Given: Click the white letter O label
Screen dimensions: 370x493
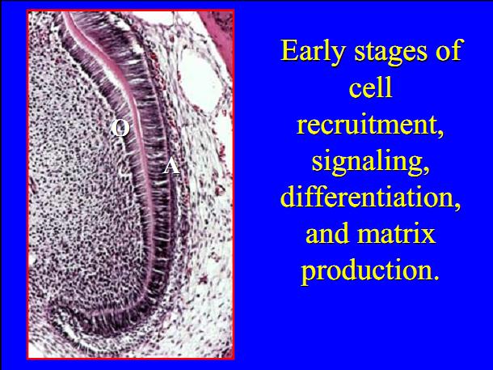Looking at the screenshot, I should (x=120, y=128).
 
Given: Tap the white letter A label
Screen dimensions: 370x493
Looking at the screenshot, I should (x=171, y=167).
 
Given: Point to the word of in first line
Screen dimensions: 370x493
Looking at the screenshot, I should (x=448, y=51).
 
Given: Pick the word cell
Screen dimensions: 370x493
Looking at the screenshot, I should (x=371, y=88).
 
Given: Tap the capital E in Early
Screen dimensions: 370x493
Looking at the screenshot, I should (x=289, y=51).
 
